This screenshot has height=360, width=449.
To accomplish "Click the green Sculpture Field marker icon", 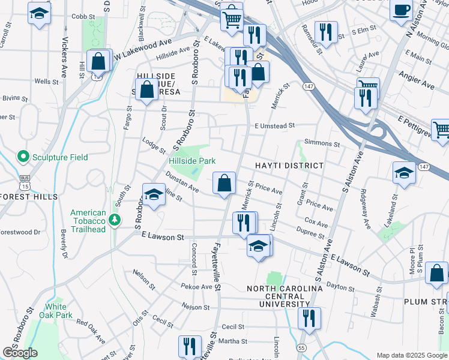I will pos(23,157).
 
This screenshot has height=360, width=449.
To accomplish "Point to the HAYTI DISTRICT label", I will pos(289,166).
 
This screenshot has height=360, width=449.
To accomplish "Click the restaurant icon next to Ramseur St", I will pos(325,31).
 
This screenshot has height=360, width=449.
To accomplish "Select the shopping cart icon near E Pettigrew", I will pos(441,129).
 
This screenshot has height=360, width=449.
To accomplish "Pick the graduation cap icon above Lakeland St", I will pos(404,173).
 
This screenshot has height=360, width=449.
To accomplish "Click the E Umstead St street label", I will pos(274,126).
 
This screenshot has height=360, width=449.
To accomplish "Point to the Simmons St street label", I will pos(322,144).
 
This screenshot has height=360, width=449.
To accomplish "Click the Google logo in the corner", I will pos(20,353).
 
